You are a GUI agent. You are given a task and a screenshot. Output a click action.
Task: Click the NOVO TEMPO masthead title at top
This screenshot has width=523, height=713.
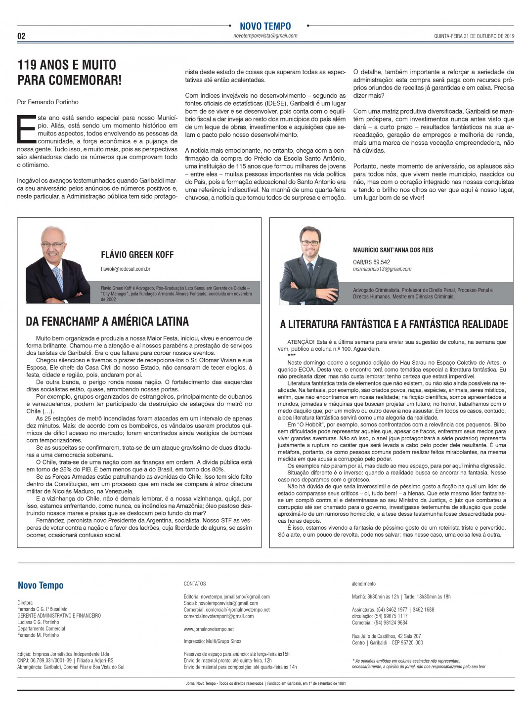click(x=265, y=26)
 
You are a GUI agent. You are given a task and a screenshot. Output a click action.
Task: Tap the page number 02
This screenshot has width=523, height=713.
click(x=21, y=36)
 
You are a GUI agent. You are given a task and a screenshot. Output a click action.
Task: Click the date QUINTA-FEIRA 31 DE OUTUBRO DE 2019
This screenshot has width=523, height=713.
click(x=474, y=36)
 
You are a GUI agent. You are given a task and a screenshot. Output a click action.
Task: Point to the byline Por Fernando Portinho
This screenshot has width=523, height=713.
click(x=47, y=102)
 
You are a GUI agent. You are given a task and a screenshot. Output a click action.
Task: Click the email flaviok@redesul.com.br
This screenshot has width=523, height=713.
click(x=126, y=269)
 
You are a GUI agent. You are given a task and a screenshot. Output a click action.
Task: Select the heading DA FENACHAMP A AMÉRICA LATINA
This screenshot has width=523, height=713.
click(x=107, y=322)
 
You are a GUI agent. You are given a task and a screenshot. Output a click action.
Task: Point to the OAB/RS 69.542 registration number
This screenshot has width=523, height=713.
click(x=371, y=262)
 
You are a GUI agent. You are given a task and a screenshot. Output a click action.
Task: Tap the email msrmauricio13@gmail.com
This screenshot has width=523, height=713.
click(x=382, y=269)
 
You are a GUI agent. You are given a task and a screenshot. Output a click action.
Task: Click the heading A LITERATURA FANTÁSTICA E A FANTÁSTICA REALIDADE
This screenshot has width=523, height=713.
click(x=393, y=324)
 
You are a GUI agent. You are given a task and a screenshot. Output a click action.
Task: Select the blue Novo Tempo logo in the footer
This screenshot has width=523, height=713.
click(x=41, y=586)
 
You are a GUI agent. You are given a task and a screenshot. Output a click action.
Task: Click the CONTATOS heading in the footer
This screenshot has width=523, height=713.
click(x=195, y=584)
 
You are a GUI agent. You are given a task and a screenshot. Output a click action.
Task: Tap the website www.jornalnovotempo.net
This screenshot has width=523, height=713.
click(x=209, y=629)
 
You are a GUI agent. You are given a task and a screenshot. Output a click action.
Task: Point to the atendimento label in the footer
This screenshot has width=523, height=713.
click(x=363, y=584)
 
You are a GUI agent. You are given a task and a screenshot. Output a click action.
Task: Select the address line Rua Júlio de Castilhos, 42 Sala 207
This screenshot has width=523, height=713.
click(x=387, y=636)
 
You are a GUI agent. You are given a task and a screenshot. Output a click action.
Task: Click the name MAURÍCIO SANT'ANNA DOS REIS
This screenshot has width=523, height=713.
click(x=393, y=250)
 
